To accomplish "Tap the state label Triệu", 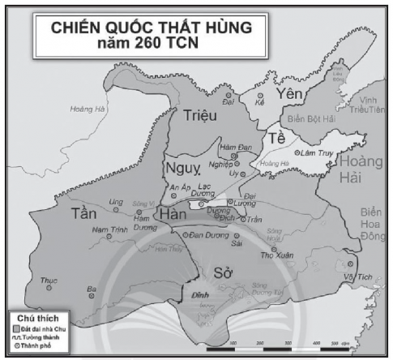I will (x=199, y=116).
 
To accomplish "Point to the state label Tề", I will (x=278, y=139).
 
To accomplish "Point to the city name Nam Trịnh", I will (x=105, y=229).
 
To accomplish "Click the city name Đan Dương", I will (x=206, y=235).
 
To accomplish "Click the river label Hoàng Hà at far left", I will (x=83, y=109).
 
